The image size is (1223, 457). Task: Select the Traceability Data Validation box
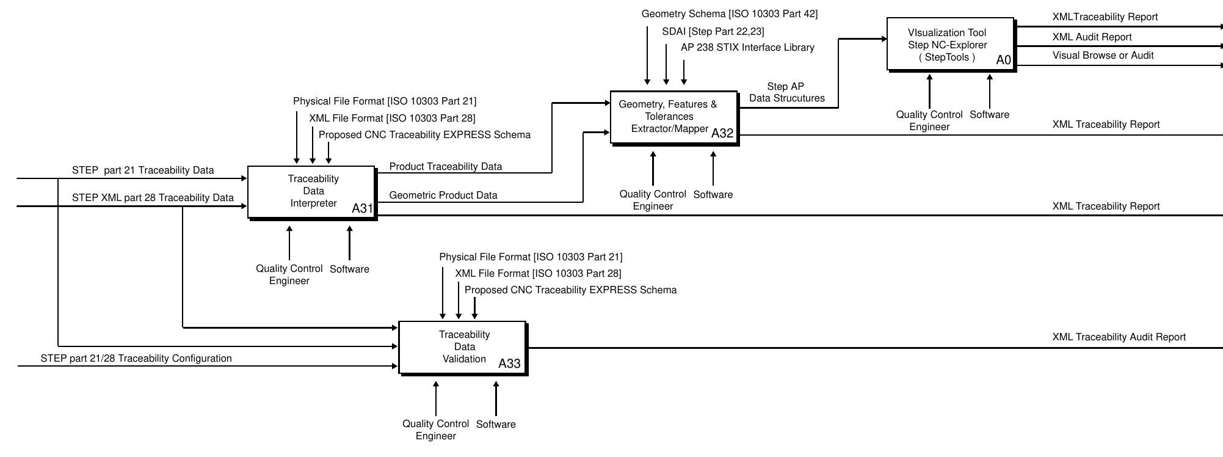tap(462, 347)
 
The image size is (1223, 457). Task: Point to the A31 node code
tap(362, 208)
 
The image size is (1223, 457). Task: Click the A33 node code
tap(509, 364)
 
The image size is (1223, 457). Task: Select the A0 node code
tap(1003, 60)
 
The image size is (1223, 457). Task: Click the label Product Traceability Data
tap(445, 166)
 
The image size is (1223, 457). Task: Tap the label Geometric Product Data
tap(443, 195)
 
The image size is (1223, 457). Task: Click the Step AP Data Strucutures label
tap(786, 92)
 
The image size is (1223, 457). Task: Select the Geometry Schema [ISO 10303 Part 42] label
tap(729, 13)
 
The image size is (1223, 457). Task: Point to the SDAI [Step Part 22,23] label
tap(713, 31)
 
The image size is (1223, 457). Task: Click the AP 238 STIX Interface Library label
tap(747, 47)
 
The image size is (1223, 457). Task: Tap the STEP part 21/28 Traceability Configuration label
tap(136, 358)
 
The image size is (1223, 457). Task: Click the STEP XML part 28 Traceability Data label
tap(153, 197)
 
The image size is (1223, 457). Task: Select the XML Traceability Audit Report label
tap(1119, 337)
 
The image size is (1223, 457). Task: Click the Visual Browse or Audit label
tap(1103, 55)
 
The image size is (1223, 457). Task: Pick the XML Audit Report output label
tap(1092, 37)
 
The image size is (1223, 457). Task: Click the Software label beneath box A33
tap(495, 424)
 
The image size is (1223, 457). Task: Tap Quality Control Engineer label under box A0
tap(929, 120)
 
